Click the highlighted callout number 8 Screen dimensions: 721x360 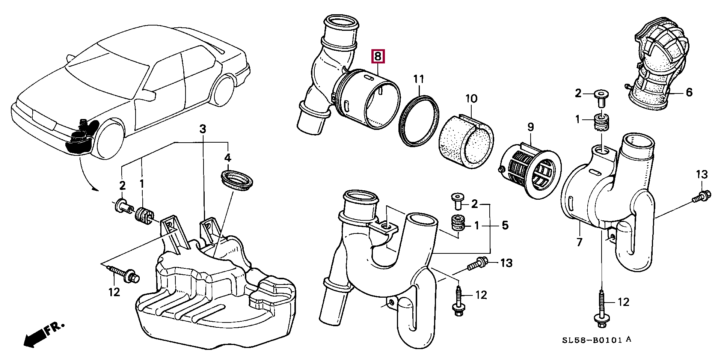coord(378,56)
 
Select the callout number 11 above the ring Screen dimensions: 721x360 coord(419,79)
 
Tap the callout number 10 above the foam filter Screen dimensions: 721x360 coord(471,99)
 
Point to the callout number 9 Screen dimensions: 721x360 coord(530,127)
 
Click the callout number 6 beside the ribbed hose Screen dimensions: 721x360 coord(689,92)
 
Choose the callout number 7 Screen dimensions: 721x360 coord(579,242)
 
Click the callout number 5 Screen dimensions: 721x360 coord(505,225)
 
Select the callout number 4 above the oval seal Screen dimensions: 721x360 coord(228,158)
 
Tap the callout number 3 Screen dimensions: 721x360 coord(203,129)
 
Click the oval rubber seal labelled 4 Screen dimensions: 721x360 coord(237,179)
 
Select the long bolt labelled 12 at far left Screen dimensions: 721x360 coord(123,273)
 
